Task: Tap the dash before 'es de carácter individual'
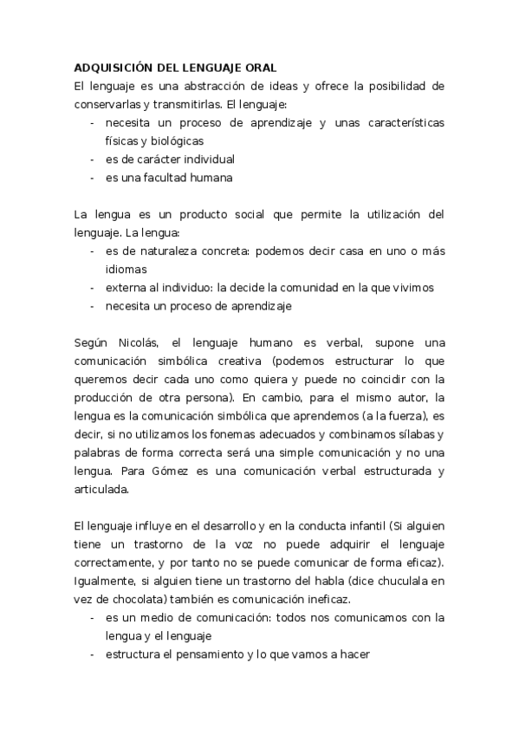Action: (93, 159)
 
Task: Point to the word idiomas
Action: (127, 269)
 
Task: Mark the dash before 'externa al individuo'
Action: (93, 287)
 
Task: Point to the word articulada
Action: (101, 489)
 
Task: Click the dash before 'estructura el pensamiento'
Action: (93, 654)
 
